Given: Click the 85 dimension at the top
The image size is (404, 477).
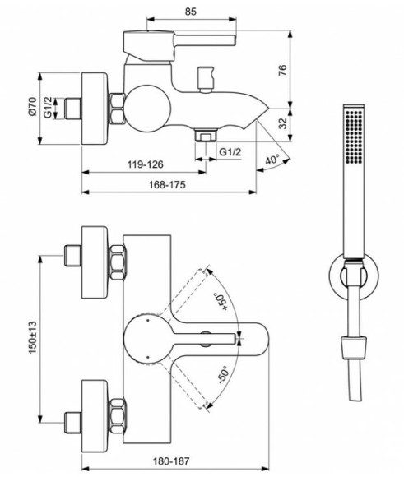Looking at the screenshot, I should coord(190,12).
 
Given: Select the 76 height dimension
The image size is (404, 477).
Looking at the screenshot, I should coord(306,70).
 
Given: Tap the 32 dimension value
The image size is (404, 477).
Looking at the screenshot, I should coord(306,123).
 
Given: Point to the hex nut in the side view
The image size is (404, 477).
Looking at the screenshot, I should coord(118,107).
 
